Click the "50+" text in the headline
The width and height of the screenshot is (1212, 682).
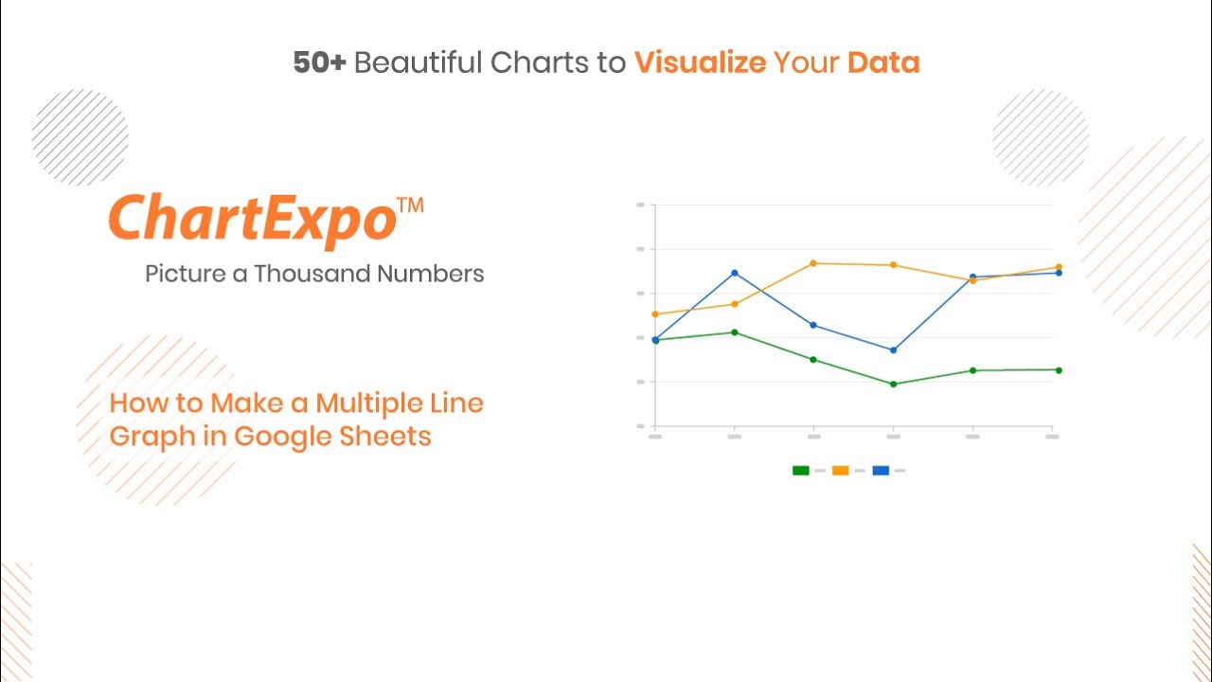coord(319,63)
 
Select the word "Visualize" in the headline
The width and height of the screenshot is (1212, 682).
coord(700,63)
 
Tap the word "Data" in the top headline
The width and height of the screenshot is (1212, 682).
coord(883,63)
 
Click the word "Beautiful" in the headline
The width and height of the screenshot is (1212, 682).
coord(418,62)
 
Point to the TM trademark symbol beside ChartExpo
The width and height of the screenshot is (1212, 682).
coord(410,206)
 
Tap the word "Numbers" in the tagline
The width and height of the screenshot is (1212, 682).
coord(431,274)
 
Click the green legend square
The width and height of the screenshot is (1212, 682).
coord(801,471)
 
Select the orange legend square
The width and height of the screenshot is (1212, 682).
coord(840,471)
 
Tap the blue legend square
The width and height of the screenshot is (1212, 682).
coord(881,471)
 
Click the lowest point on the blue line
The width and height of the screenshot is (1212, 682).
coord(893,350)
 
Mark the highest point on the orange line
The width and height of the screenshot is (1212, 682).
coord(813,263)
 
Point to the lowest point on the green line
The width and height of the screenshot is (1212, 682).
coord(893,385)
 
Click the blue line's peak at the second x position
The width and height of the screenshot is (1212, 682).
coord(734,274)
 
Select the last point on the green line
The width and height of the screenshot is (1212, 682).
coord(1059,370)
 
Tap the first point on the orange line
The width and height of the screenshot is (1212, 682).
coord(655,314)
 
